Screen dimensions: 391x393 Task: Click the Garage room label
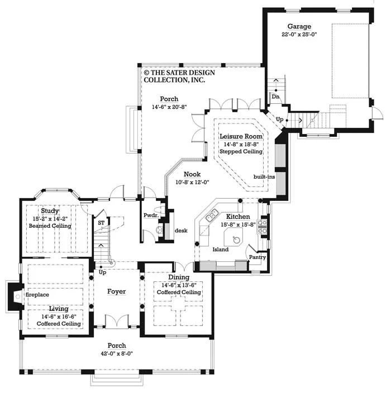click(299, 26)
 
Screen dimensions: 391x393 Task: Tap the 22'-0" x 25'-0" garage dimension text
click(299, 35)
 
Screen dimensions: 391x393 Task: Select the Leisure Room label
click(241, 136)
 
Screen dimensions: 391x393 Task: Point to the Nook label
click(192, 174)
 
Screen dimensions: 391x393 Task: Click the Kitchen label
click(238, 217)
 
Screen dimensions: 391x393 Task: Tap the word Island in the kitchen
click(221, 250)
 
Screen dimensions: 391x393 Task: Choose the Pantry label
click(258, 257)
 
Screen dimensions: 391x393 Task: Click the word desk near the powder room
click(181, 231)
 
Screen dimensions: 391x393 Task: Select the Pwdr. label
click(151, 215)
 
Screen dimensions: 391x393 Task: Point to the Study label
click(50, 211)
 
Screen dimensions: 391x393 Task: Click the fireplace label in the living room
click(37, 295)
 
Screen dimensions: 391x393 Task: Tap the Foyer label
click(116, 291)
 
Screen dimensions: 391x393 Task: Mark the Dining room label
click(179, 277)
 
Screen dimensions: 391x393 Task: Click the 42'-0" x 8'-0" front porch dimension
click(117, 354)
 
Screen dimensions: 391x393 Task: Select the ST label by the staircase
click(101, 223)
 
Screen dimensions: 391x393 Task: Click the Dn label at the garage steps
click(275, 97)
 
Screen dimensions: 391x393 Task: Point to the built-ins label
click(264, 177)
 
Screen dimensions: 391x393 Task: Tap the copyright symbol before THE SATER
click(146, 73)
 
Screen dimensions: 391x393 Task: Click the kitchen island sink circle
click(236, 240)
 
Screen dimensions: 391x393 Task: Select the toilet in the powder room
click(160, 210)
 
